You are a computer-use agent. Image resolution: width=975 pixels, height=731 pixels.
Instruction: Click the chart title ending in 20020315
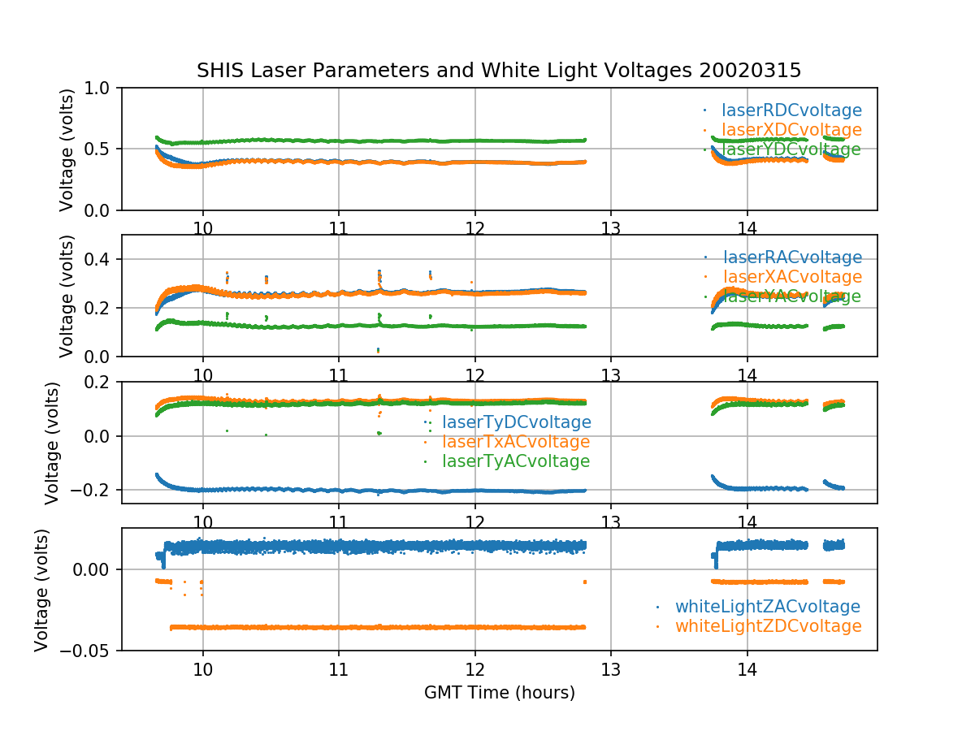[x=499, y=71]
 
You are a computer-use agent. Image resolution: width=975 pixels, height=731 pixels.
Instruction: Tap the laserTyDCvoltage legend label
[x=516, y=422]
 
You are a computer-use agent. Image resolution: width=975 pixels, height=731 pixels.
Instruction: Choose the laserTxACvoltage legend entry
[x=516, y=442]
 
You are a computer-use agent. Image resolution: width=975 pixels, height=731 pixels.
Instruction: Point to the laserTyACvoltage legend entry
[x=516, y=461]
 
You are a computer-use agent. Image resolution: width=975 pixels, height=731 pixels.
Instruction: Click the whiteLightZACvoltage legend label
[x=767, y=607]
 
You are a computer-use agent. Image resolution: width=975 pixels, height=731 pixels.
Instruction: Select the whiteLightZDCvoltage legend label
[x=768, y=626]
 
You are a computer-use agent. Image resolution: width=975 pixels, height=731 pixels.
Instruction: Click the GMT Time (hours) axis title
[x=499, y=693]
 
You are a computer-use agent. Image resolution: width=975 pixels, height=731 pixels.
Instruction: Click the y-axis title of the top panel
[x=67, y=149]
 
